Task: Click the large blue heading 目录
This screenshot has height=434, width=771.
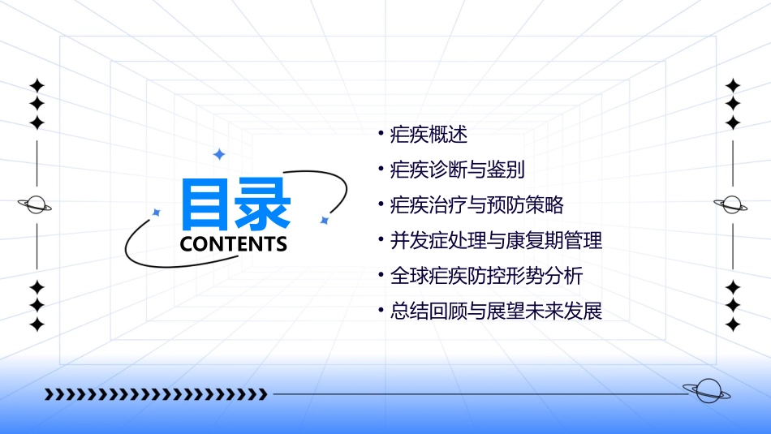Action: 235,204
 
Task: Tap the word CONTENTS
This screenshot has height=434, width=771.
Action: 234,244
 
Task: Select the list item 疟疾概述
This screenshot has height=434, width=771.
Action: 429,134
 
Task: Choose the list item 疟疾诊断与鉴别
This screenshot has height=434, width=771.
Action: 457,170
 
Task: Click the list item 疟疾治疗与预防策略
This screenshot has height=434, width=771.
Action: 476,204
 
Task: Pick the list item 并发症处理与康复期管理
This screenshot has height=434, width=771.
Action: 496,240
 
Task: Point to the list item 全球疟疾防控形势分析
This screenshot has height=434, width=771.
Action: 486,276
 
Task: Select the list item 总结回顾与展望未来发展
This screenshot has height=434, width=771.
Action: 496,311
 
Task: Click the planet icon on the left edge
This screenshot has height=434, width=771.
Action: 36,204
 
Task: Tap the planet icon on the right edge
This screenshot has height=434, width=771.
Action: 732,204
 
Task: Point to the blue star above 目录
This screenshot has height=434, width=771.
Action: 218,154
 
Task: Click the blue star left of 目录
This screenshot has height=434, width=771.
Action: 157,213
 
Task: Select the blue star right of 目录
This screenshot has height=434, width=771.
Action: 324,219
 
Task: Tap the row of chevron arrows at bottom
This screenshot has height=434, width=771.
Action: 156,394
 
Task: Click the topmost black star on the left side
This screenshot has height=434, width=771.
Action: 36,85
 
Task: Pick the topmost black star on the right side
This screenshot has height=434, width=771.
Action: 733,85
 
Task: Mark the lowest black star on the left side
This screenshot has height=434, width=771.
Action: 36,324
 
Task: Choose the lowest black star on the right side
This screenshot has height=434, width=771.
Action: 733,324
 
